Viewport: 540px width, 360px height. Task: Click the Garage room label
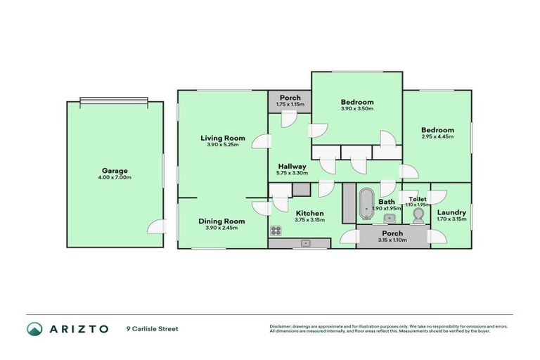116,171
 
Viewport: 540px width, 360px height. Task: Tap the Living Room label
223,139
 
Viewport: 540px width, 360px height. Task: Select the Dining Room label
221,221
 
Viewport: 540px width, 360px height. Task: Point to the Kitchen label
309,213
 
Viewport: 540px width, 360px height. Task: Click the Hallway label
291,167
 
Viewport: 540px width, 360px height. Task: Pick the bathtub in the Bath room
366,205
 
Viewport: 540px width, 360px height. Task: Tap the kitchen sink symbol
307,243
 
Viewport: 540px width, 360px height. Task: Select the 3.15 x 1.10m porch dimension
392,240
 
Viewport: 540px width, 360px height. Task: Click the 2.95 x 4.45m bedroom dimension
437,136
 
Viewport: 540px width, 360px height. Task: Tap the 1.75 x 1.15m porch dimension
290,104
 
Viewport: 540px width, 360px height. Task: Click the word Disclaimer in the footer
281,326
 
